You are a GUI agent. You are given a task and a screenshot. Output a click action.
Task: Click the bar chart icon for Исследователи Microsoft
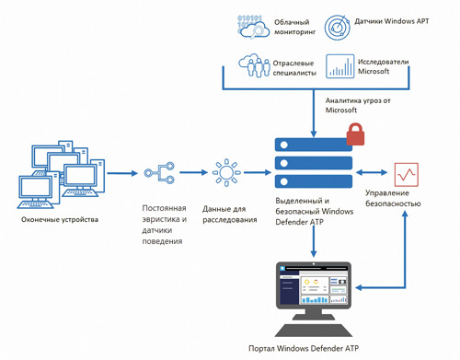(x=340, y=66)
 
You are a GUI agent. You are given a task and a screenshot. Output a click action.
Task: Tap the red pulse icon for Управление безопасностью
(x=406, y=172)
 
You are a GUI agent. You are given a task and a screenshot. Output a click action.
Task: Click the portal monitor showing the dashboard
(x=314, y=295)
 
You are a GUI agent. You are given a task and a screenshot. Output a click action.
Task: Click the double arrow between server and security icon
(x=373, y=171)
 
